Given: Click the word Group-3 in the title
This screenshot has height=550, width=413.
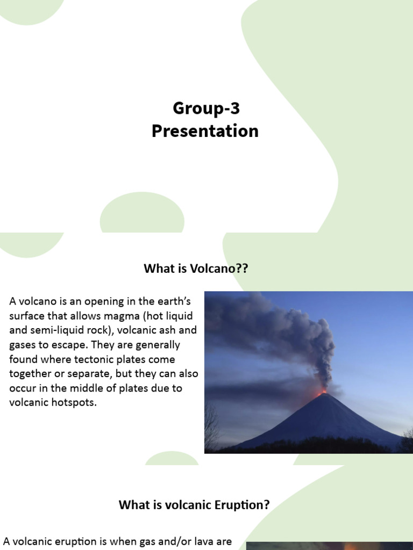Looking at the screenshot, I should [206, 108].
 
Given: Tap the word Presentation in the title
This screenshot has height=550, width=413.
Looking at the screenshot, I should [205, 131].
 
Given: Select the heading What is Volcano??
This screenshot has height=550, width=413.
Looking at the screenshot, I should [196, 269].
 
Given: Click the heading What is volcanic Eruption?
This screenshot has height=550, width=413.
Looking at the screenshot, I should [194, 505].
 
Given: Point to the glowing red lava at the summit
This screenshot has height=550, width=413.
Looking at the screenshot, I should [322, 392].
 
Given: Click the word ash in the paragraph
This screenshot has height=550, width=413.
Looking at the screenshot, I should [168, 330].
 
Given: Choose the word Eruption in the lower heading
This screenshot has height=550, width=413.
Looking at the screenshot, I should [241, 505].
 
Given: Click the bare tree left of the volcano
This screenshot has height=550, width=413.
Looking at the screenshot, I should [211, 427].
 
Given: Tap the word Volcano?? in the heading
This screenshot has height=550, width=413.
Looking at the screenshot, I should [219, 269].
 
